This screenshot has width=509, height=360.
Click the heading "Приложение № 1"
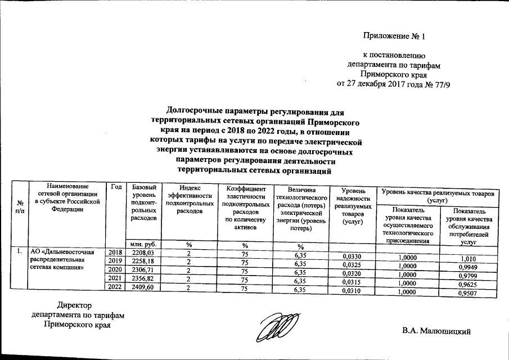pyautogui.click(x=395, y=37)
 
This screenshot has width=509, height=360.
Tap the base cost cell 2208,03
pyautogui.click(x=142, y=254)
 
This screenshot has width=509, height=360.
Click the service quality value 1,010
pyautogui.click(x=469, y=259)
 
